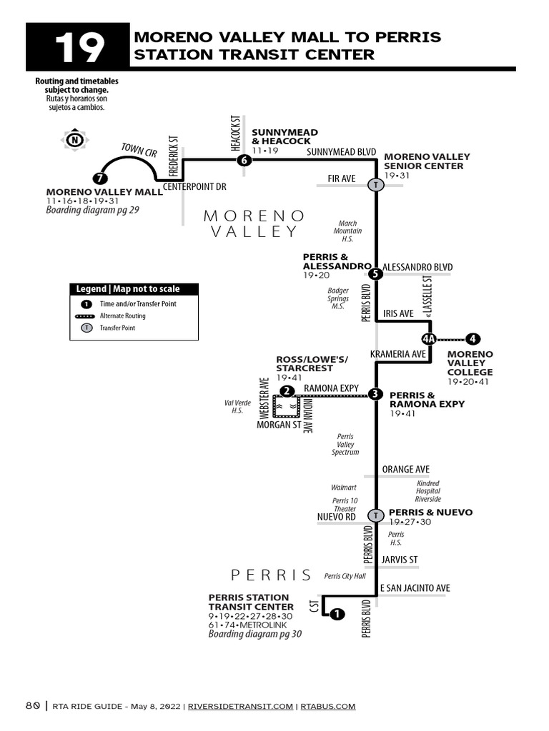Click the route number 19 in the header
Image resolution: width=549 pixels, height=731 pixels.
[79, 47]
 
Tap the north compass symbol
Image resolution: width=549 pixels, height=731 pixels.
[74, 141]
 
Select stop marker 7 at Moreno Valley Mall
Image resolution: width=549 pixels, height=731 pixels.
[100, 178]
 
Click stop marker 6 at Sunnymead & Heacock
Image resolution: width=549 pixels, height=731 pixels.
[244, 161]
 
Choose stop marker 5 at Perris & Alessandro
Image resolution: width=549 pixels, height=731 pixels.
[376, 273]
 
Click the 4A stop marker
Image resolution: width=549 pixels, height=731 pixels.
[429, 339]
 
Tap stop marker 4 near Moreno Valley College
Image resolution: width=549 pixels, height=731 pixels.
[473, 339]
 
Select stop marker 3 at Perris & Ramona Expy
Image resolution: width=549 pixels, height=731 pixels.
[376, 393]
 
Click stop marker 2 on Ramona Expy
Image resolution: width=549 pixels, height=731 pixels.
[287, 390]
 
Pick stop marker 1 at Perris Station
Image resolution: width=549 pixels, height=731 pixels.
[337, 613]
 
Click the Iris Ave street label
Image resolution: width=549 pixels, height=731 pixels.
[398, 313]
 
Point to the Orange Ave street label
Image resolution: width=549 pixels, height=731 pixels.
[405, 469]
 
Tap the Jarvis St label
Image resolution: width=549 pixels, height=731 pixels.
[400, 559]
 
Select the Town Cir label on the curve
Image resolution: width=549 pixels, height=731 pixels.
[139, 150]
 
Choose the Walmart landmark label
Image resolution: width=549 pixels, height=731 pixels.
[343, 487]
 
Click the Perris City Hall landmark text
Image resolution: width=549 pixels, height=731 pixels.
[345, 576]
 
